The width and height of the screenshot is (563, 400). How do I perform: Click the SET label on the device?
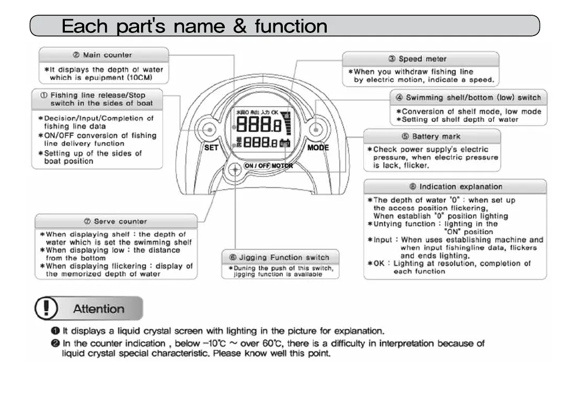click(x=211, y=147)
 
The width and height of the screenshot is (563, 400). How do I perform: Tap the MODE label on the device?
click(x=318, y=147)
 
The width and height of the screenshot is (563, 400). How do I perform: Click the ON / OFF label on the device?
click(x=257, y=166)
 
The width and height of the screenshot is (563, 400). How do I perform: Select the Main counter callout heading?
click(x=103, y=55)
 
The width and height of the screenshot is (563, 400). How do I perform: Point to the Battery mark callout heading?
click(x=431, y=136)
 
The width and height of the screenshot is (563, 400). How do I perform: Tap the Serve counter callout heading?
click(x=116, y=221)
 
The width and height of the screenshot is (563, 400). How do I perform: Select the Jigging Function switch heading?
click(x=280, y=257)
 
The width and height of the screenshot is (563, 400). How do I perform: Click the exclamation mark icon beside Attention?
click(x=47, y=308)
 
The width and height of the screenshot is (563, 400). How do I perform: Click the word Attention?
click(x=98, y=308)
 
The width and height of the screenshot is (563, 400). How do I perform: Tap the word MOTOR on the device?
click(x=282, y=166)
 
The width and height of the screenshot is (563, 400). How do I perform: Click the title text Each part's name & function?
click(x=194, y=26)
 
